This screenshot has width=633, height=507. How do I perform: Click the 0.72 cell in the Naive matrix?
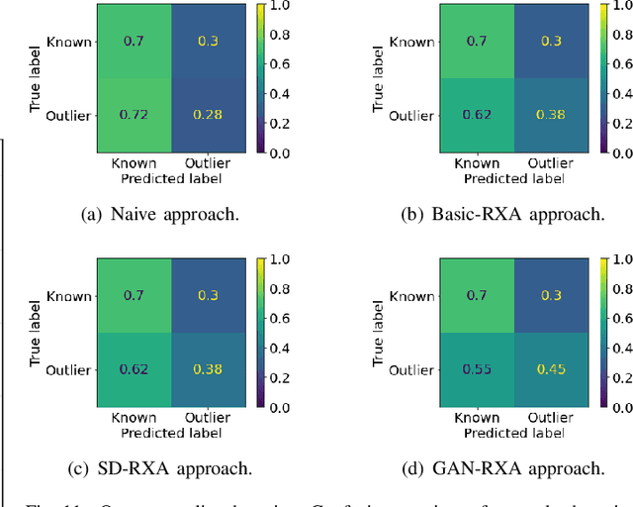tap(133, 116)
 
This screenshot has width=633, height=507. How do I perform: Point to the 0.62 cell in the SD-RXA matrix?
tap(133, 370)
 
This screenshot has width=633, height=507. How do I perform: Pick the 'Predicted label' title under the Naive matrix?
tap(169, 179)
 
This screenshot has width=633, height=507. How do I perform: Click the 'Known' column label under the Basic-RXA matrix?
tap(474, 164)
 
